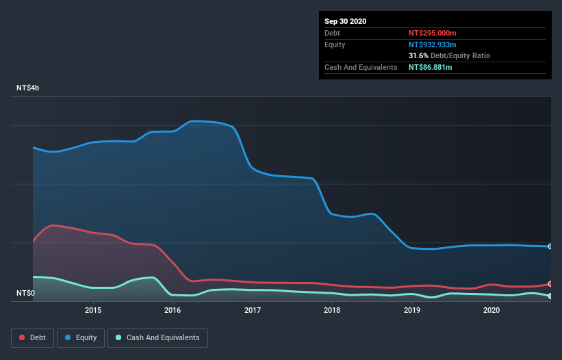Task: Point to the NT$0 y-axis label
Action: coord(26,294)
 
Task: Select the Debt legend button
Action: coord(33,337)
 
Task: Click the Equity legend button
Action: coord(81,337)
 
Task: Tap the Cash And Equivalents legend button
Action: coord(157,337)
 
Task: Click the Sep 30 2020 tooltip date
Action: coord(345,21)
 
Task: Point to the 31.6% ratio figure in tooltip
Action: coord(418,55)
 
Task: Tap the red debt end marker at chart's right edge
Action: coord(550,283)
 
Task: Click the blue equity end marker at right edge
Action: coord(550,246)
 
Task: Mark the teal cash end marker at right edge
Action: coord(550,296)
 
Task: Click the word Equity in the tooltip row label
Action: coord(335,44)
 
